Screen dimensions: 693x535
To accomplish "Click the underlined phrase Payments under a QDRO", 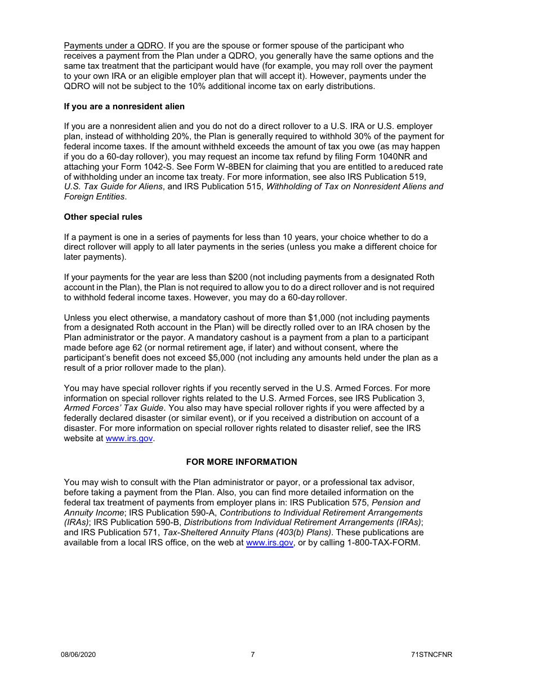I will pos(113,46).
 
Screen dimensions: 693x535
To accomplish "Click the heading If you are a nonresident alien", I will pos(124,106).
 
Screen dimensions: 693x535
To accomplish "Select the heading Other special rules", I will pos(103,217).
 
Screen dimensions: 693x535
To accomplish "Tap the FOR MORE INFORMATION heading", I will pos(242,462).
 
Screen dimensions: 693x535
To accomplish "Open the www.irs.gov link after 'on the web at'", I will pos(269,543).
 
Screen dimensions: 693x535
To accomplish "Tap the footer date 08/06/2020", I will pos(78,654).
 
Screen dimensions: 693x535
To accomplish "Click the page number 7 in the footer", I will pos(252,654).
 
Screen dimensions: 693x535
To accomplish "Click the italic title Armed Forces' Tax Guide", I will pos(114,408).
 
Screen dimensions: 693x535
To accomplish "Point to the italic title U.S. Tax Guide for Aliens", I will pos(113,186).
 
